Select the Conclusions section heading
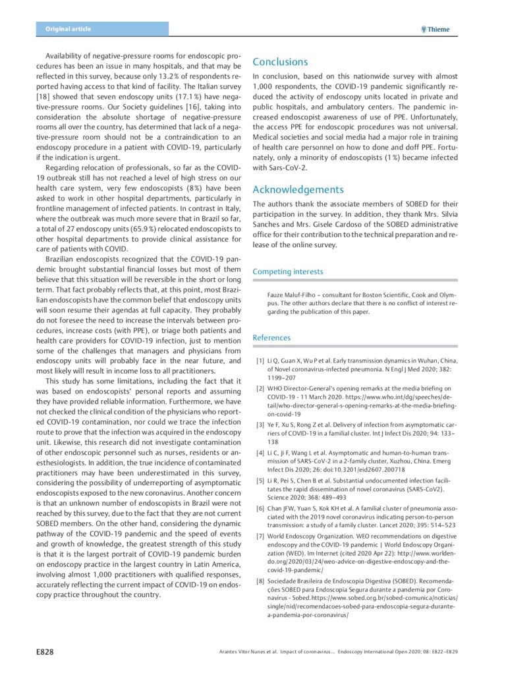coord(280,62)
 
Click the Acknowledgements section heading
coord(298,190)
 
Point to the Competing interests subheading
coord(288,272)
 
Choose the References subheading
coord(271,337)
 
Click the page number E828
coord(44,651)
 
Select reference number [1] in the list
coord(260,361)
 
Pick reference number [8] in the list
coord(260,581)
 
